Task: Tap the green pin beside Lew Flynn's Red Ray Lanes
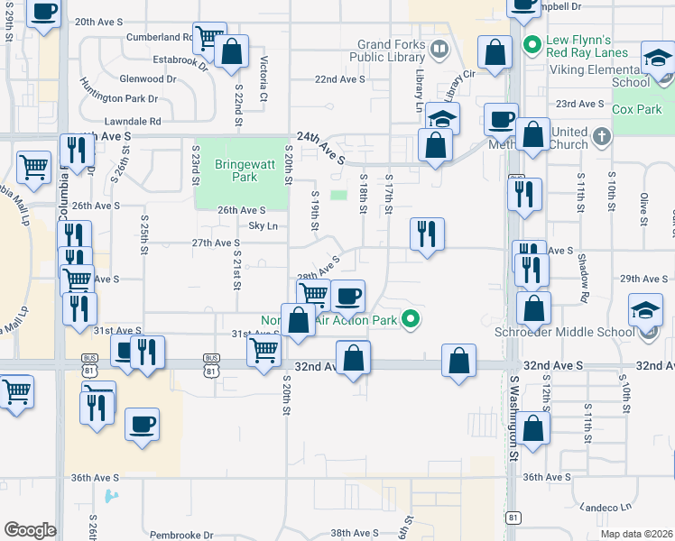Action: [532, 42]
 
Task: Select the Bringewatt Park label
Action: [236, 171]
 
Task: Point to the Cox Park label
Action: [637, 109]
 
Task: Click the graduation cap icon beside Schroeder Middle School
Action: [645, 310]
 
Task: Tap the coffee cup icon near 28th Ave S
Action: [348, 295]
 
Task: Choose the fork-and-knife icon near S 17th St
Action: [426, 233]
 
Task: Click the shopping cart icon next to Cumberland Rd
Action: [209, 38]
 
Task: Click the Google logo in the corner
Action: [30, 530]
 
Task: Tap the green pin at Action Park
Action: [411, 318]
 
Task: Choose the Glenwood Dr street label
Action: [147, 79]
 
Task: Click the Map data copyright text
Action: [636, 534]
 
